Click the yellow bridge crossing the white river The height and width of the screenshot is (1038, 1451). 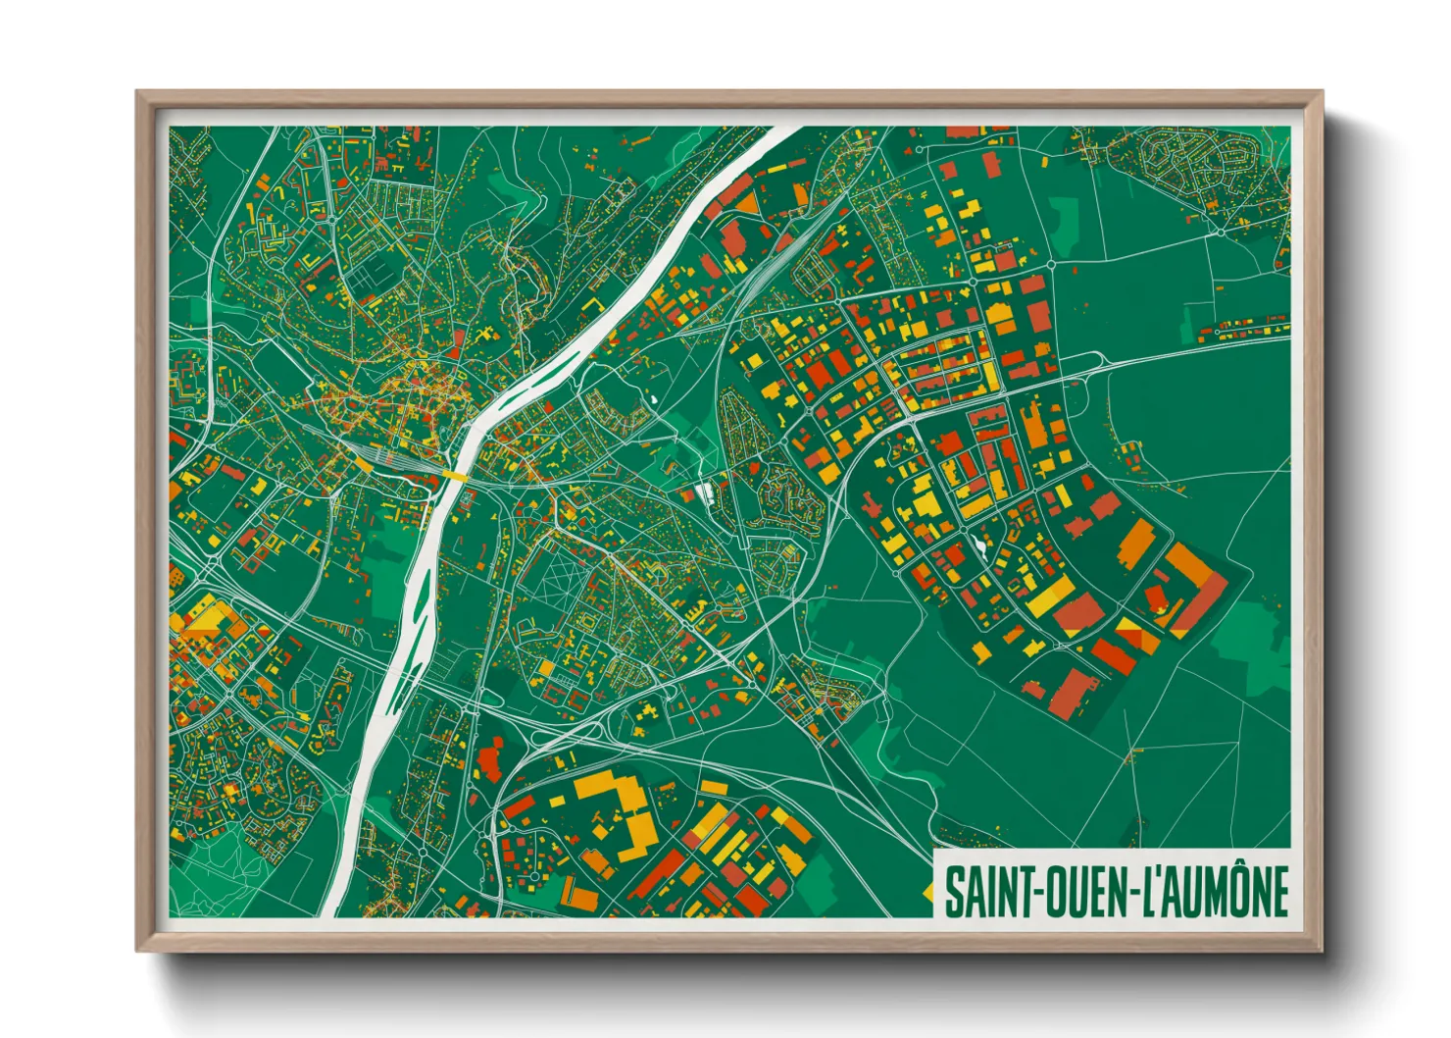(x=454, y=475)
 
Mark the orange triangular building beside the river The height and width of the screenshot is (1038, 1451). (x=745, y=203)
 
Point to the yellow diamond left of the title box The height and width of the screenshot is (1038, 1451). (x=927, y=891)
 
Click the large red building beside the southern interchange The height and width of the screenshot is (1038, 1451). (x=490, y=760)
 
